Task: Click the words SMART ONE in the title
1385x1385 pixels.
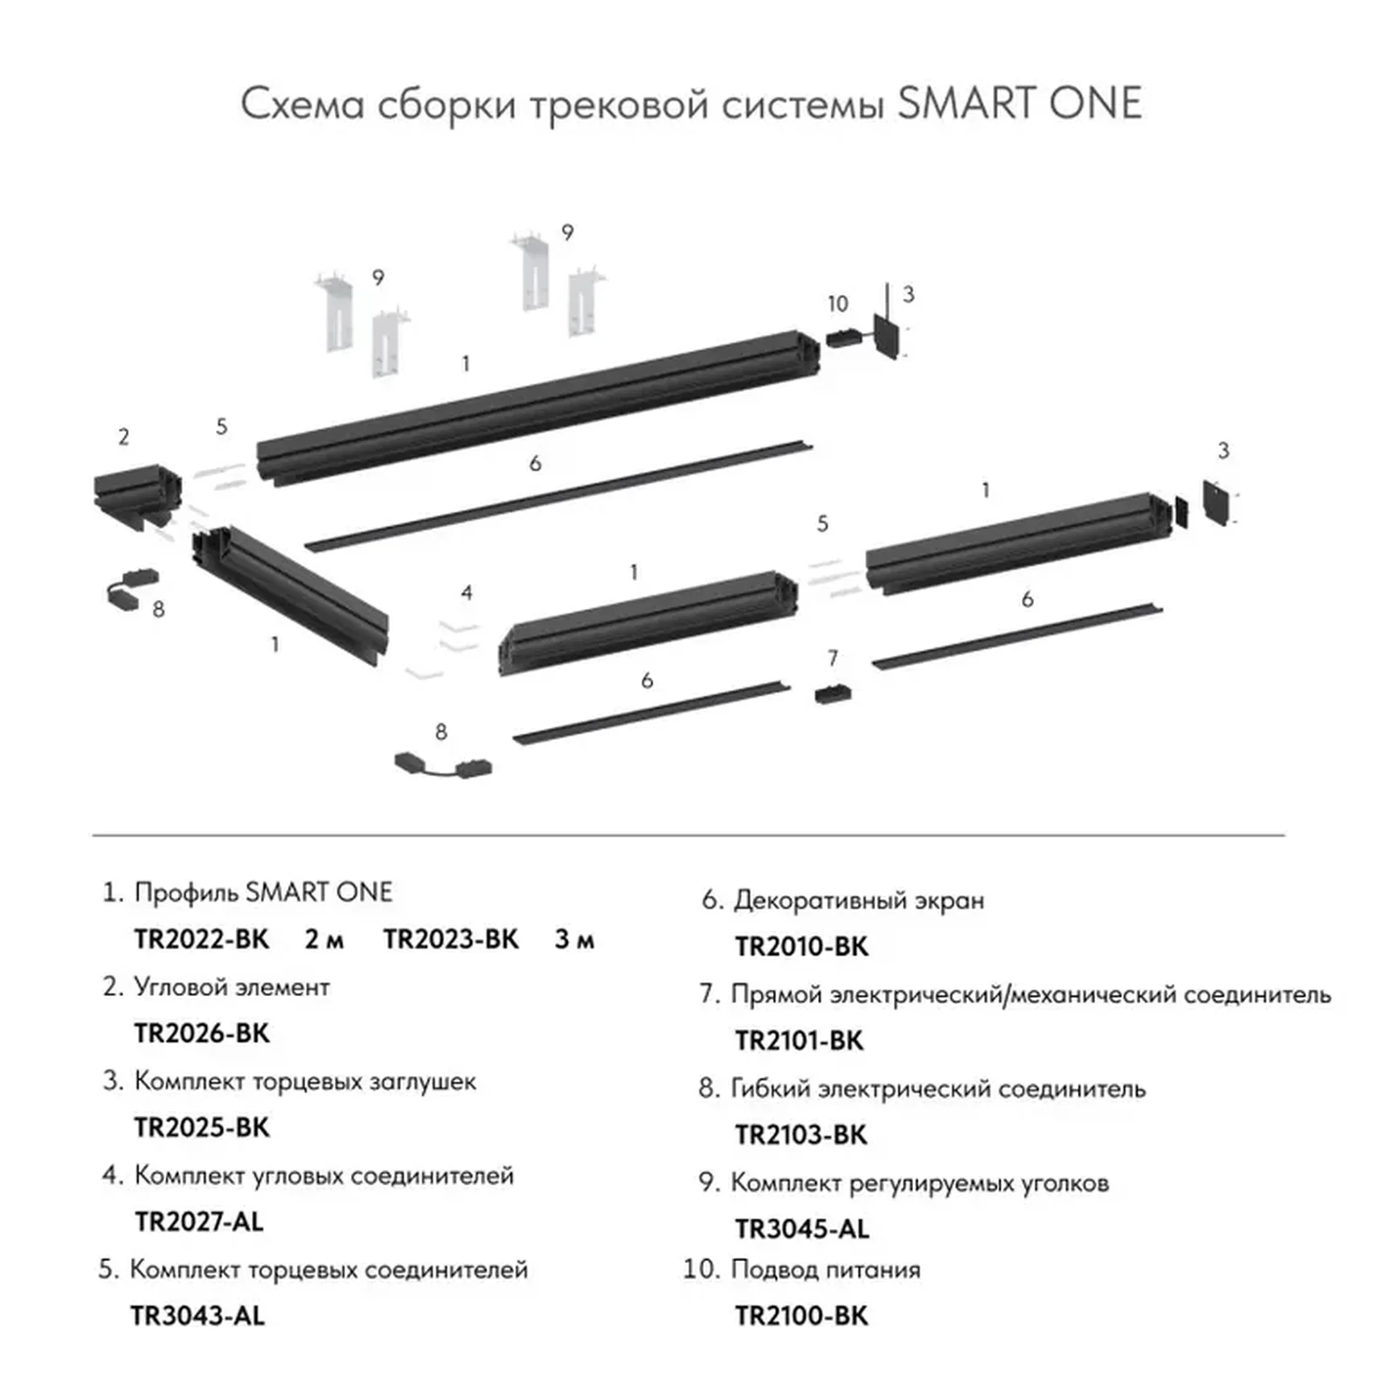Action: click(x=1019, y=105)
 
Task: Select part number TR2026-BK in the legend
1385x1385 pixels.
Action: click(x=201, y=1033)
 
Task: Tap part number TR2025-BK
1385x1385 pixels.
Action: click(x=201, y=1127)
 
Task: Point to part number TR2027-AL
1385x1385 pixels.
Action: click(x=199, y=1222)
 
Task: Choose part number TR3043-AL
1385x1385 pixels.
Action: click(x=197, y=1316)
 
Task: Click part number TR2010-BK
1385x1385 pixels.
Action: click(x=801, y=947)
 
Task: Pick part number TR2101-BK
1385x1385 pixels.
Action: click(x=799, y=1040)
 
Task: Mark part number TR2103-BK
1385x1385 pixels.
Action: click(x=800, y=1135)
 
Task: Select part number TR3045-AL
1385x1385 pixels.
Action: click(x=802, y=1229)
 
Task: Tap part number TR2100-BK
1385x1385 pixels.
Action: click(x=801, y=1316)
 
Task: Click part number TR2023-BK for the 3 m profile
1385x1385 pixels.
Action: click(x=451, y=940)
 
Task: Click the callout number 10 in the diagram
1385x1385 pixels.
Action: click(x=837, y=304)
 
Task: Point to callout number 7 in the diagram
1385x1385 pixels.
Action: click(x=833, y=658)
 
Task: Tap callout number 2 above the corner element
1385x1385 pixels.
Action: click(x=123, y=437)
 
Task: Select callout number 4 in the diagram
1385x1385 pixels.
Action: click(x=466, y=593)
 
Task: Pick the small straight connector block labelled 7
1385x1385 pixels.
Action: click(x=833, y=694)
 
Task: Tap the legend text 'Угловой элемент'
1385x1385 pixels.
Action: click(x=232, y=987)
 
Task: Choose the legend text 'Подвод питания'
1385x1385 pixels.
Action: click(x=825, y=1270)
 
